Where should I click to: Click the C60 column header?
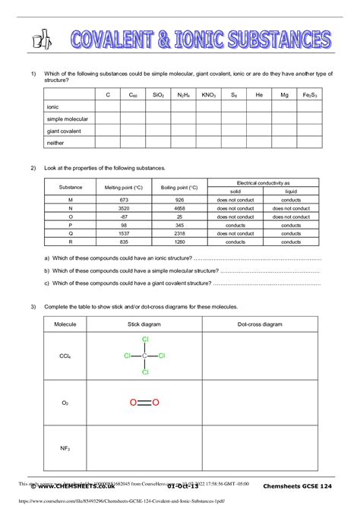[x=133, y=95]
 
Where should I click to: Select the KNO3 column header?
[x=208, y=95]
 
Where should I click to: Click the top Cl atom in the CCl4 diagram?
[x=145, y=340]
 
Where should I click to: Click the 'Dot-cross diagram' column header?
[x=260, y=324]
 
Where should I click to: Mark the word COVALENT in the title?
[x=129, y=39]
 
